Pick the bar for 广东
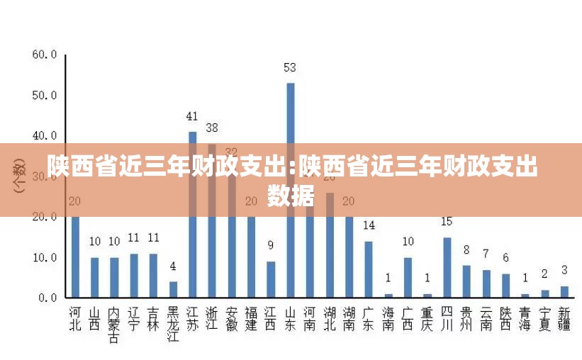[369, 269]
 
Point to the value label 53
[290, 68]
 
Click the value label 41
[192, 116]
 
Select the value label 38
[212, 128]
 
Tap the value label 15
[447, 222]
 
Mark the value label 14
[369, 226]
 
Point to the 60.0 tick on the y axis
[44, 54]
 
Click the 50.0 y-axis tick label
[44, 95]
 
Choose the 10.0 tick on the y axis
[44, 258]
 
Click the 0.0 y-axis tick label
[47, 298]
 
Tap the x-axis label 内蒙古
[114, 324]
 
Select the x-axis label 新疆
[564, 318]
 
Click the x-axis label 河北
[75, 318]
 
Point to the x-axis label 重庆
[427, 318]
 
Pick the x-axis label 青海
[525, 318]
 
